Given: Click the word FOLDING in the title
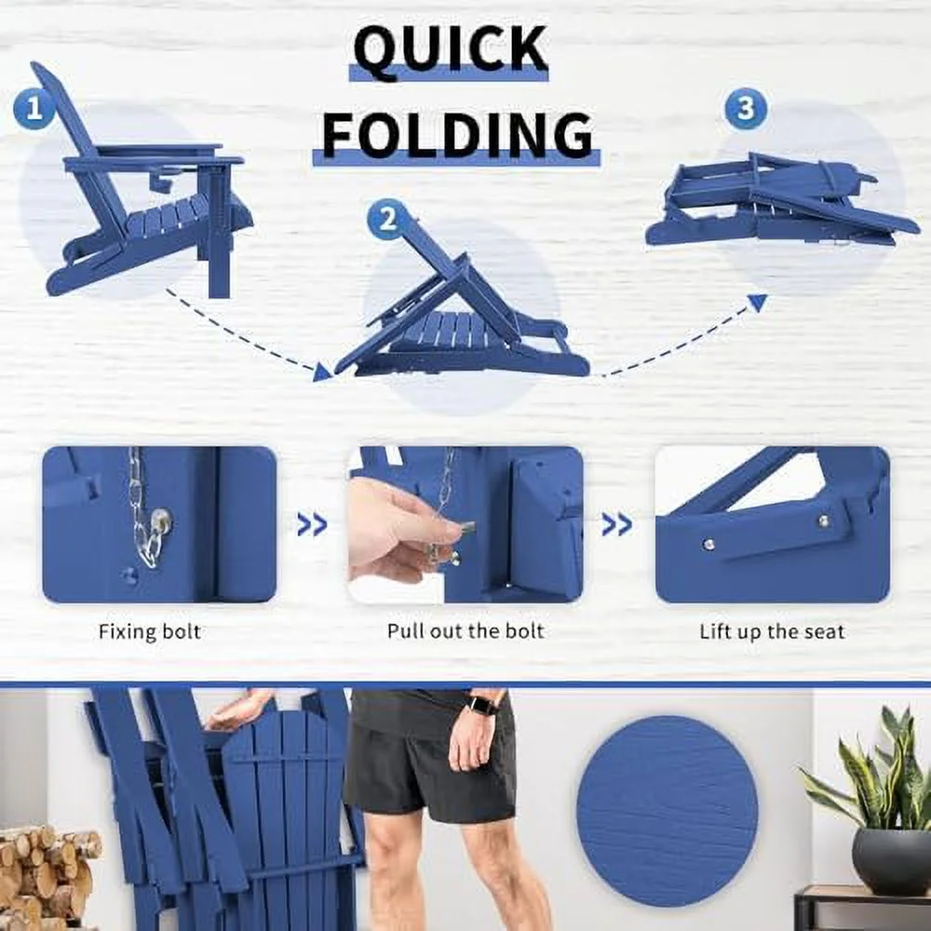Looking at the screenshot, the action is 457,134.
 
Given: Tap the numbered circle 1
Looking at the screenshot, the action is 34,109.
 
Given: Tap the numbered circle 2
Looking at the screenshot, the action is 387,220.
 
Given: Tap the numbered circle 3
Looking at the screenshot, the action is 746,109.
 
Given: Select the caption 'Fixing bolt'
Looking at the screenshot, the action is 150,631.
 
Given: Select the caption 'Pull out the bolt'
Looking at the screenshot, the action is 465,630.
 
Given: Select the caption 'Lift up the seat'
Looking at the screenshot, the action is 772,631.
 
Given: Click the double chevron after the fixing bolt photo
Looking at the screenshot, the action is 312,524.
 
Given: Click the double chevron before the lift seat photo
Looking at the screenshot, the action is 617,524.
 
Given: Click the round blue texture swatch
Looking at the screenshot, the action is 667,811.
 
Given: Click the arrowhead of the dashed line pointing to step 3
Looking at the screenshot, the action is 757,303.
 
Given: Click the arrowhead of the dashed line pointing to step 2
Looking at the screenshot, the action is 321,372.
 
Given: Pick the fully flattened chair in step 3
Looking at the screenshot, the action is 781,201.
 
